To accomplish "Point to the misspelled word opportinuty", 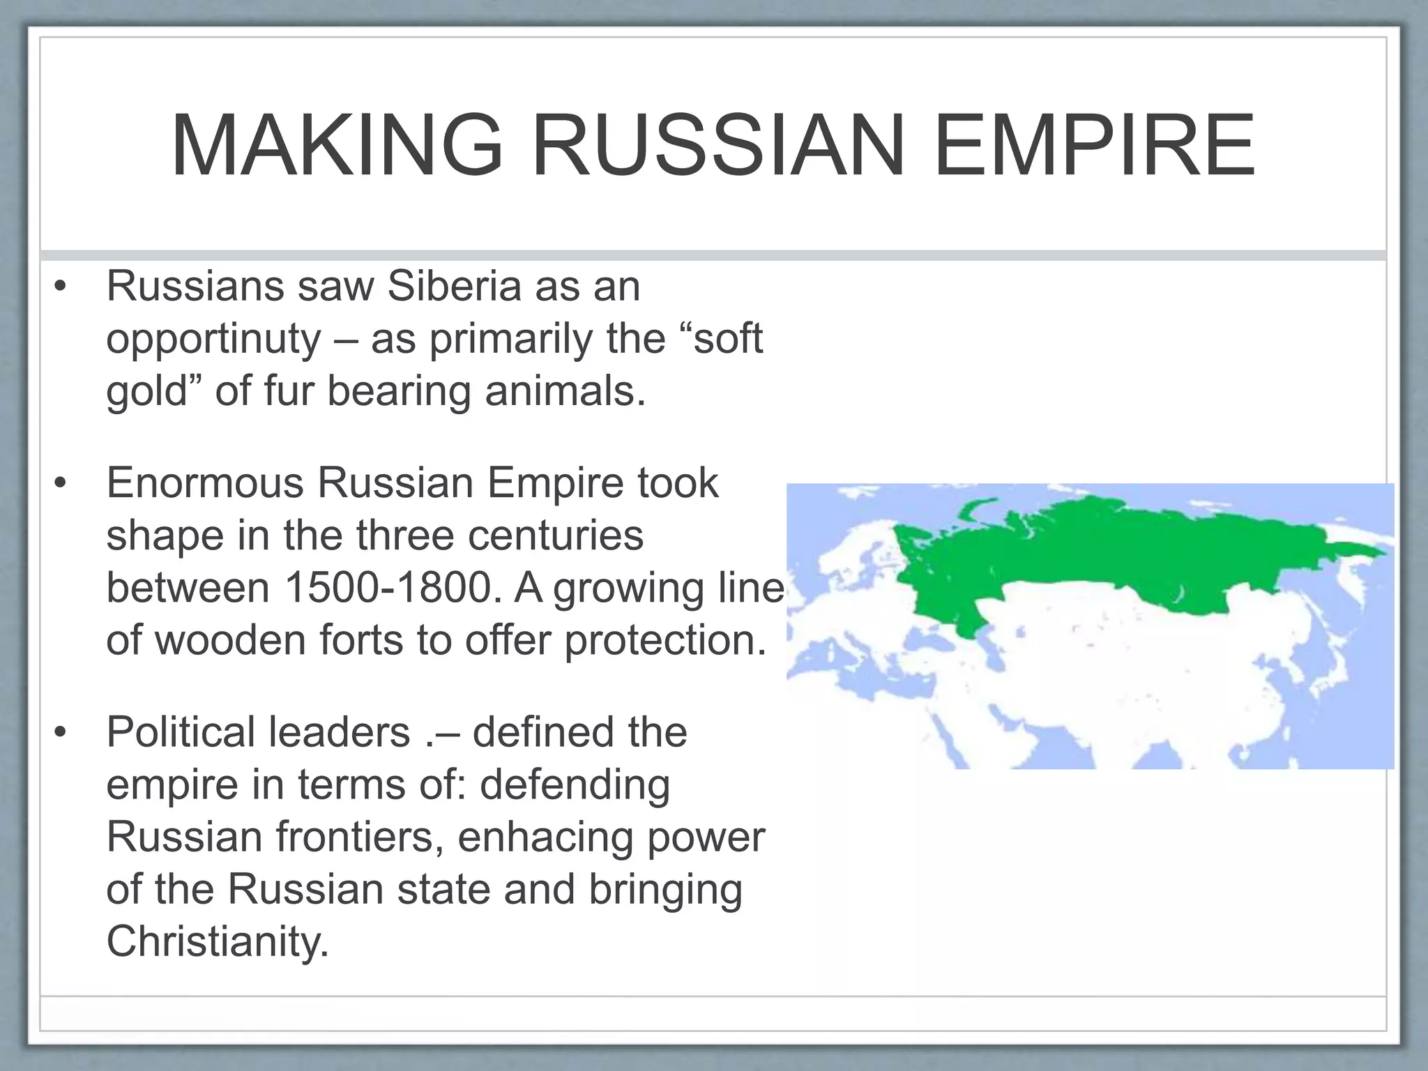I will (213, 340).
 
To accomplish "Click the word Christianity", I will (217, 941).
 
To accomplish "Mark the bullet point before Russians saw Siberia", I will (61, 287).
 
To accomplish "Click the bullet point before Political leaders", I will (61, 733).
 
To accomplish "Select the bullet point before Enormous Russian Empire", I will (61, 483).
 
